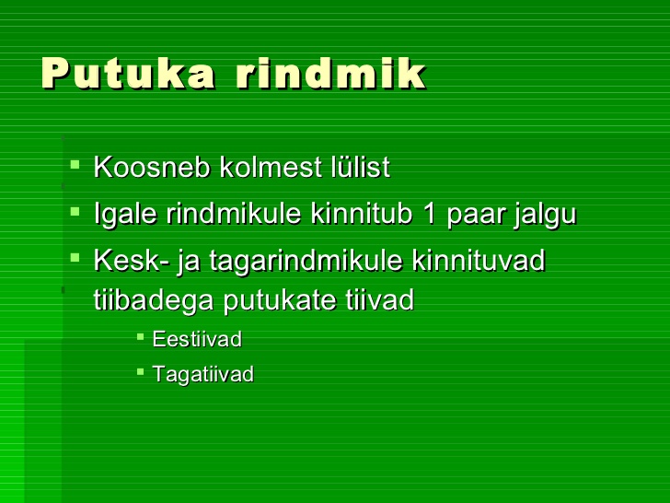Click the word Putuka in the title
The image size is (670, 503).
click(x=128, y=73)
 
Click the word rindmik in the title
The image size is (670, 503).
click(x=331, y=73)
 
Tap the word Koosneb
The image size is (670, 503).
click(x=152, y=167)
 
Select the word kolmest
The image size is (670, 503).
click(x=270, y=167)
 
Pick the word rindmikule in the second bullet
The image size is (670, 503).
click(x=234, y=213)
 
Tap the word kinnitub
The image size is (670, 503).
click(x=362, y=213)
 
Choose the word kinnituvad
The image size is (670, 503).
click(x=479, y=260)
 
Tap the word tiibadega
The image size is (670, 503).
click(x=154, y=300)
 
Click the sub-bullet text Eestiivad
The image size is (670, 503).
click(x=197, y=339)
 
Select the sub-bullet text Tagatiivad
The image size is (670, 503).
click(x=203, y=375)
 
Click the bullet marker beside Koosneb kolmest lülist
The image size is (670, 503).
click(x=75, y=164)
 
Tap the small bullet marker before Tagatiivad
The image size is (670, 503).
click(x=141, y=371)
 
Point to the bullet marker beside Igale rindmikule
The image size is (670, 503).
click(x=75, y=211)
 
